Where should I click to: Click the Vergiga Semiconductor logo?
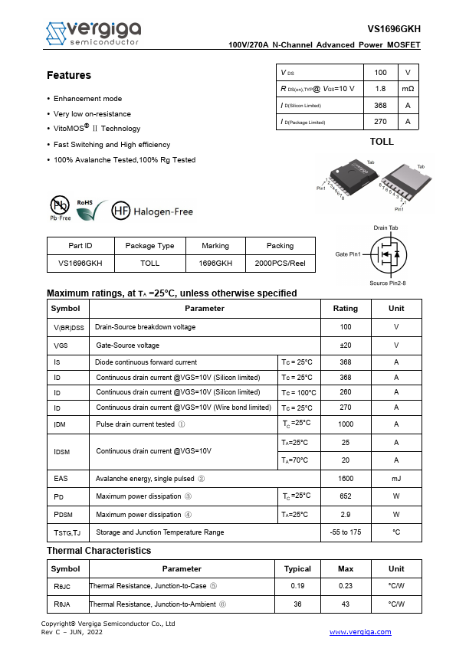pyautogui.click(x=93, y=33)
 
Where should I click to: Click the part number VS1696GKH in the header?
pyautogui.click(x=394, y=29)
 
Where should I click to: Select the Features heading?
pyautogui.click(x=69, y=75)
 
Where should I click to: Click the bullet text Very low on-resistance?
pyautogui.click(x=92, y=113)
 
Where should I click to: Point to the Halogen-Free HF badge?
pyautogui.click(x=153, y=211)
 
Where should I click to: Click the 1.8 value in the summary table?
pyautogui.click(x=380, y=89)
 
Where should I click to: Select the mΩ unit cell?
pyautogui.click(x=408, y=89)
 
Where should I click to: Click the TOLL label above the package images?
pyautogui.click(x=382, y=142)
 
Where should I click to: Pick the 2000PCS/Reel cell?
pyautogui.click(x=280, y=263)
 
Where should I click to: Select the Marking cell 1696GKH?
pyautogui.click(x=215, y=263)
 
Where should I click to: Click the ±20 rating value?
pyautogui.click(x=345, y=345)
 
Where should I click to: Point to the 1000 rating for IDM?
pyautogui.click(x=345, y=424)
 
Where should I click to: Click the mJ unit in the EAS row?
pyautogui.click(x=396, y=478)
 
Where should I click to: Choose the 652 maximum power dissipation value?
pyautogui.click(x=345, y=496)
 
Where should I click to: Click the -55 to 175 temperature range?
pyautogui.click(x=345, y=532)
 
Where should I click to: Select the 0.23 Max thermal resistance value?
pyautogui.click(x=346, y=586)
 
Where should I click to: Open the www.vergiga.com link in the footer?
pyautogui.click(x=360, y=632)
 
